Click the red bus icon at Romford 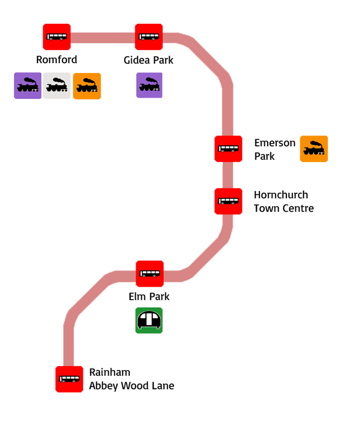[57, 37]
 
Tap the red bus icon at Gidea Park [149, 37]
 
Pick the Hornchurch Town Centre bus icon [228, 201]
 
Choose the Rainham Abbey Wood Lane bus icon [69, 379]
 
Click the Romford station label [56, 60]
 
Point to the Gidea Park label [149, 60]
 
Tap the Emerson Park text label [275, 150]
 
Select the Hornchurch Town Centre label [283, 201]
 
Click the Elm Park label [149, 296]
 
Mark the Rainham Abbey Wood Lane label [131, 379]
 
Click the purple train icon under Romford [28, 86]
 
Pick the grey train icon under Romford [57, 86]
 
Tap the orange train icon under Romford [87, 86]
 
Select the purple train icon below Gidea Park [149, 86]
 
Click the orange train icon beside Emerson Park [314, 149]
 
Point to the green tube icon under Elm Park [149, 321]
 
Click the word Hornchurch [281, 195]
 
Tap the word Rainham [110, 373]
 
